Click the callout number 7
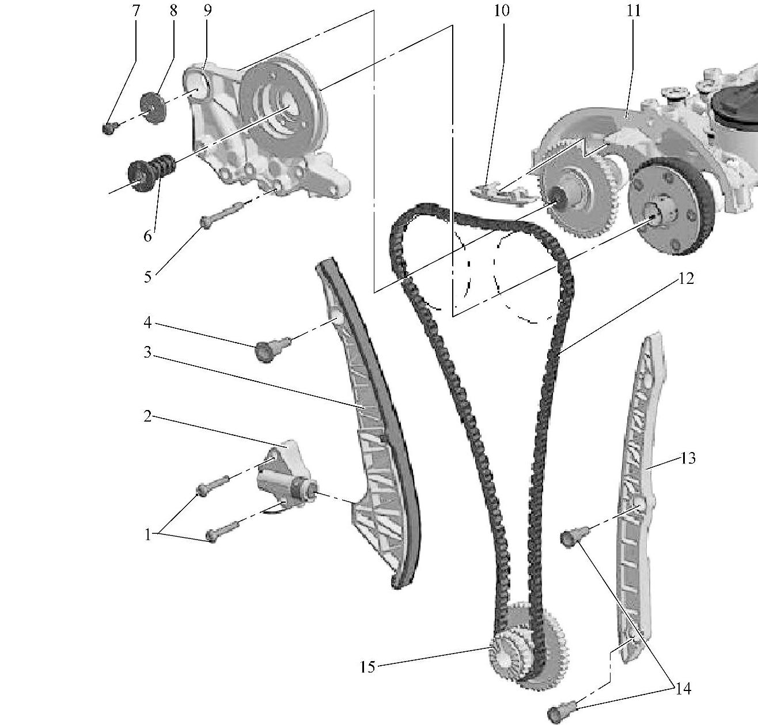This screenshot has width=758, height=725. [135, 10]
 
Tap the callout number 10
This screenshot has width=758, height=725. [502, 10]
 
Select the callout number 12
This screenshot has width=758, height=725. [685, 278]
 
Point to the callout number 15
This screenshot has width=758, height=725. [367, 667]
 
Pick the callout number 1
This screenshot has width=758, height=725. [147, 535]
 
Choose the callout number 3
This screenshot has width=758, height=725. [147, 352]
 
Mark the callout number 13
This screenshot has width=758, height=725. [688, 458]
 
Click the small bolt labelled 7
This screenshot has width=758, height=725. [109, 128]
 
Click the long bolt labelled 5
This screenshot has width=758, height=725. [221, 215]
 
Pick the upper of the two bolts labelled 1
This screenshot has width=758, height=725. [213, 484]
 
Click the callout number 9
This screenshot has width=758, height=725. [207, 10]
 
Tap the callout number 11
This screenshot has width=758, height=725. [634, 10]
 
